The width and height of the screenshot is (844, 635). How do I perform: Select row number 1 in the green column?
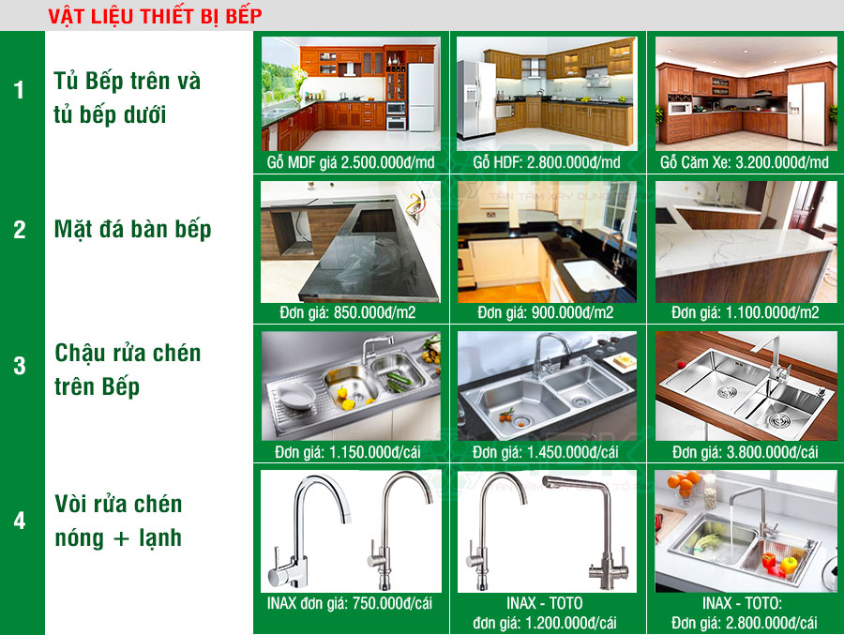(x=20, y=91)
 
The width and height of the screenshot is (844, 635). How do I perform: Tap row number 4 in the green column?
(x=20, y=521)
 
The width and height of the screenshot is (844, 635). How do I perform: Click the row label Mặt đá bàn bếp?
(x=133, y=230)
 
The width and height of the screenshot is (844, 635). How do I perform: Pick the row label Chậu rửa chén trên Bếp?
(x=128, y=370)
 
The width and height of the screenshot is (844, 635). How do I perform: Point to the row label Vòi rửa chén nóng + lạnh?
(x=118, y=521)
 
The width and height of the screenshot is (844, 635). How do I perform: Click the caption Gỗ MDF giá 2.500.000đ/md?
(x=350, y=162)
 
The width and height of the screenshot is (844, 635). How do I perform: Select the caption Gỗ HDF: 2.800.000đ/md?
(x=547, y=162)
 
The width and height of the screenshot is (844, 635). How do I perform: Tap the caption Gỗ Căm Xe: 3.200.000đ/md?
(x=745, y=162)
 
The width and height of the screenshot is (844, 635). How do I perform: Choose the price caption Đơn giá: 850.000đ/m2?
(x=350, y=312)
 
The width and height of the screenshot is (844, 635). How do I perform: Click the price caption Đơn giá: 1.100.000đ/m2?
(x=745, y=312)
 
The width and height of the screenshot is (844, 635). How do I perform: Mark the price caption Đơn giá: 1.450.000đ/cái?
(x=547, y=452)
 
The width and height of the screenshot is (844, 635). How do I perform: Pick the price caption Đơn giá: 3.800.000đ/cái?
(x=745, y=452)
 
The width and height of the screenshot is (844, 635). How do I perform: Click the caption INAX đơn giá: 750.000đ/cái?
(x=350, y=603)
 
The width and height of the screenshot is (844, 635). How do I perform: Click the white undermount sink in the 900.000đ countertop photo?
(x=588, y=274)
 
